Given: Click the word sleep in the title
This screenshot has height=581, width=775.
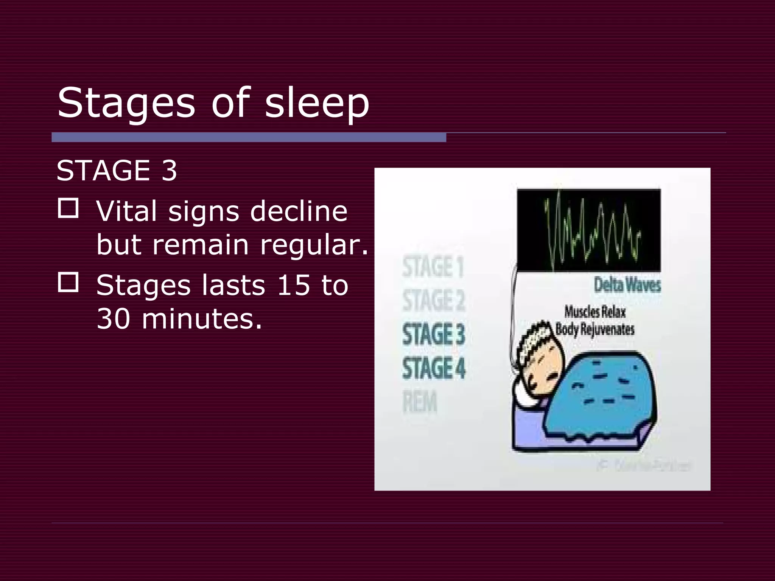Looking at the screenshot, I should tap(317, 103).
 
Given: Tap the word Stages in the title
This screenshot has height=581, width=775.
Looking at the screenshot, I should tap(126, 103).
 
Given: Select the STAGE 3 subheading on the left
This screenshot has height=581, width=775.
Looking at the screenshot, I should tap(117, 171).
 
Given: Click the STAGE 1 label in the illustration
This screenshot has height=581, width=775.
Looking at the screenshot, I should tap(433, 267).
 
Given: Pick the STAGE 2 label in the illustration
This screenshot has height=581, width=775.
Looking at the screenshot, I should tap(434, 300).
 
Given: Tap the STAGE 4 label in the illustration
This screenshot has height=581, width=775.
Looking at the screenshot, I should tap(434, 368).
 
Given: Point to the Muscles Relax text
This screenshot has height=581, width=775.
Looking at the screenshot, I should tap(595, 312).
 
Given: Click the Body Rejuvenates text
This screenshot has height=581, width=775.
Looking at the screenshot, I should tap(594, 329).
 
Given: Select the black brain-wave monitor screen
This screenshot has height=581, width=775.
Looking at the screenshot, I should tap(589, 230).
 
